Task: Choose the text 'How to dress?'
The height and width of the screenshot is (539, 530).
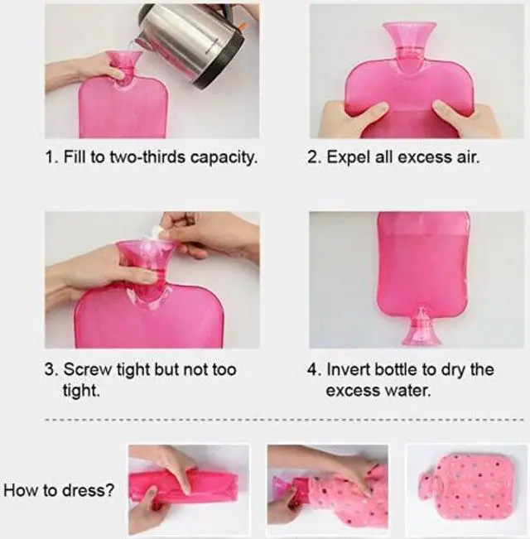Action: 59,489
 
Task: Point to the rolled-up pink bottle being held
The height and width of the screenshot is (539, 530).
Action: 178,488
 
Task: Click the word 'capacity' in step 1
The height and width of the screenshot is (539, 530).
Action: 226,157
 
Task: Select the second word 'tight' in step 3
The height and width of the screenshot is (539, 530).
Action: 80,390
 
